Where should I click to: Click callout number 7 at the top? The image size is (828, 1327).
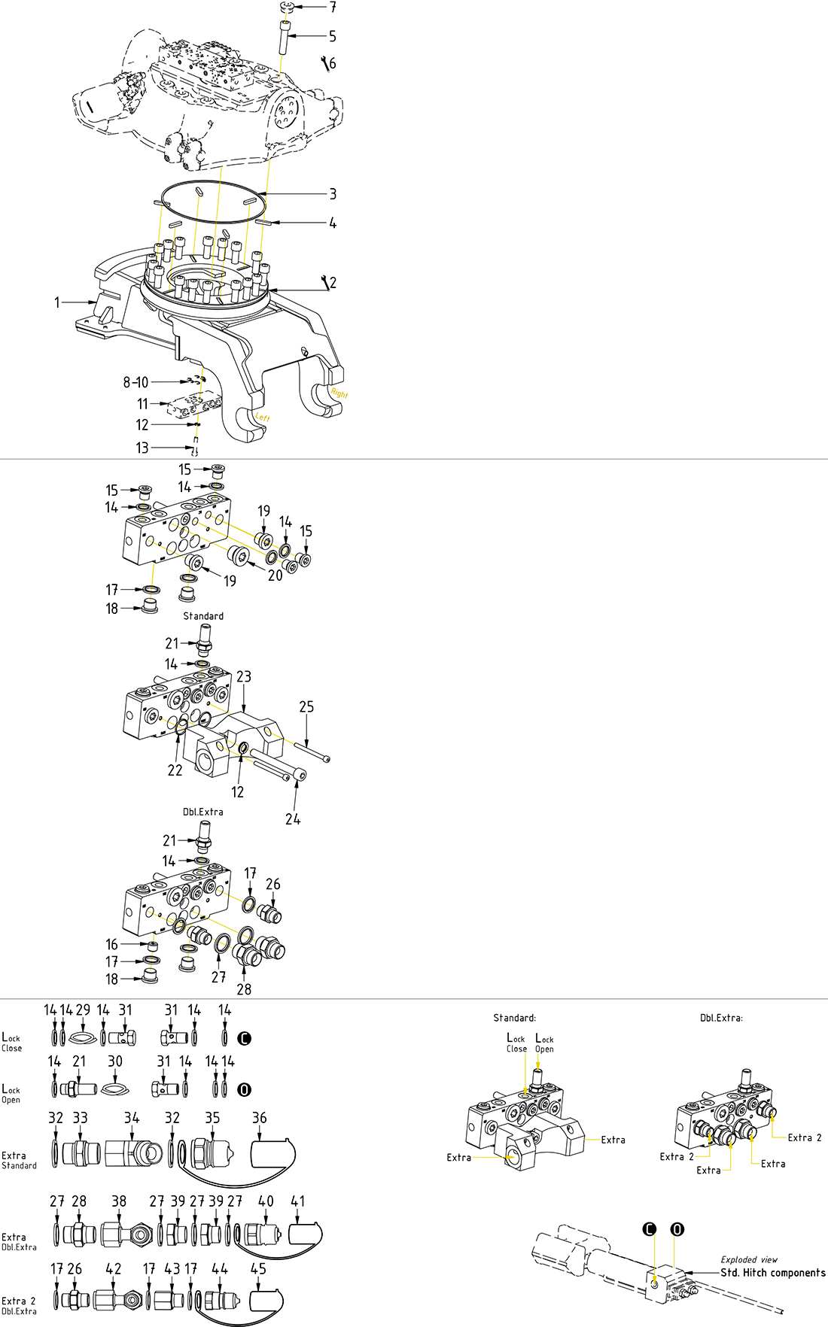332,8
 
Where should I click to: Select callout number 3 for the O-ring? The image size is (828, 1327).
333,194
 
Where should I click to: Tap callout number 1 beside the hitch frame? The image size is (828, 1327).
56,302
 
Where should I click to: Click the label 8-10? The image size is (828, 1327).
135,382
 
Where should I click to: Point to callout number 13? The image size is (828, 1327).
142,448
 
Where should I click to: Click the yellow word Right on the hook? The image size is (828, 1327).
339,393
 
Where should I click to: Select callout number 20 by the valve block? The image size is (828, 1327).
275,575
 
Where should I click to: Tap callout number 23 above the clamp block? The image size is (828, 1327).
244,677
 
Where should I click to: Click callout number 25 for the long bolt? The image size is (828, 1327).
306,707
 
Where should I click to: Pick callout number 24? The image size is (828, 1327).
293,819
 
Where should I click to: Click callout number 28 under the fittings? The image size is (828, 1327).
244,989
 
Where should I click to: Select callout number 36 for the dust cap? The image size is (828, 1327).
260,1118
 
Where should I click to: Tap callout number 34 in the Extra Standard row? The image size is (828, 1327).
132,1118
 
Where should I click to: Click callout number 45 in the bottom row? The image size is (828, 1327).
258,1268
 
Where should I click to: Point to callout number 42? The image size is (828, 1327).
114,1268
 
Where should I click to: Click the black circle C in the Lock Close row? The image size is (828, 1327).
244,1038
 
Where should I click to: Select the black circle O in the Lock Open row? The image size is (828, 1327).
244,1089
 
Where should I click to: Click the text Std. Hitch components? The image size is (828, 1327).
772,1273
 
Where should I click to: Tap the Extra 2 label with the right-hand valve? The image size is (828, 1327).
805,1137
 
